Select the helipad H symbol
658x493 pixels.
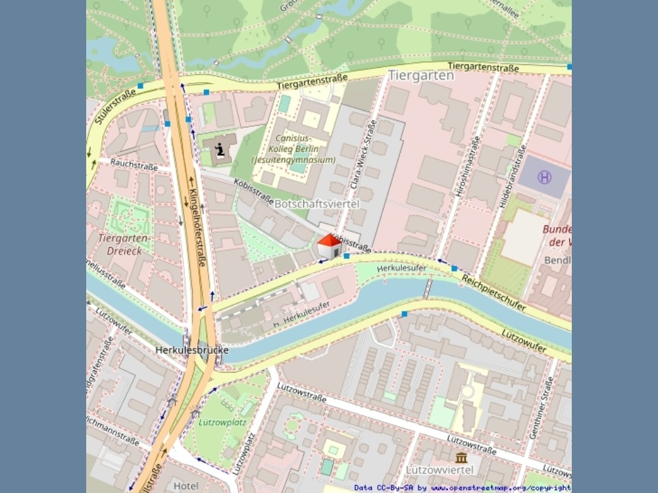coord(544,177)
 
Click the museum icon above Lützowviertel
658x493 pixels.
coord(461,457)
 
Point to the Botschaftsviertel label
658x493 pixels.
coord(316,204)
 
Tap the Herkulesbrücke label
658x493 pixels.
coord(191,350)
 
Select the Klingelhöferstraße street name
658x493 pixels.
coord(199,227)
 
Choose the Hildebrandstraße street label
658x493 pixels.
coord(513,177)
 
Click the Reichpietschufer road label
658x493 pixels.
coord(493,293)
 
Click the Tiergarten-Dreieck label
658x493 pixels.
coord(124,244)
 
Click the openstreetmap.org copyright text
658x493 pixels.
coord(500,488)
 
